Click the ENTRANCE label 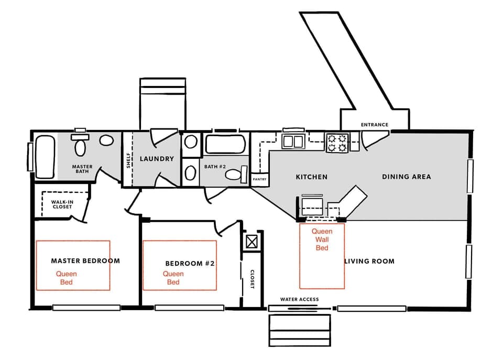coord(375,125)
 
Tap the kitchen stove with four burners coord(337,142)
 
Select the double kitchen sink coord(293,141)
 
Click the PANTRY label coord(259,179)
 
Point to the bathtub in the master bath coord(45,156)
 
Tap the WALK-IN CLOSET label coord(62,204)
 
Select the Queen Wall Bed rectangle coord(322,256)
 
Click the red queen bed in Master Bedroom coord(73,265)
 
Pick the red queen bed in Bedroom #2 coord(180,265)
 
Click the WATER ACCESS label coord(299,299)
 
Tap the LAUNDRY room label coord(156,159)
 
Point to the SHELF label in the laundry coord(128,160)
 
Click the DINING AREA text coord(406,177)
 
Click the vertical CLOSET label coord(252,280)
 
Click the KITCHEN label coord(312,177)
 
